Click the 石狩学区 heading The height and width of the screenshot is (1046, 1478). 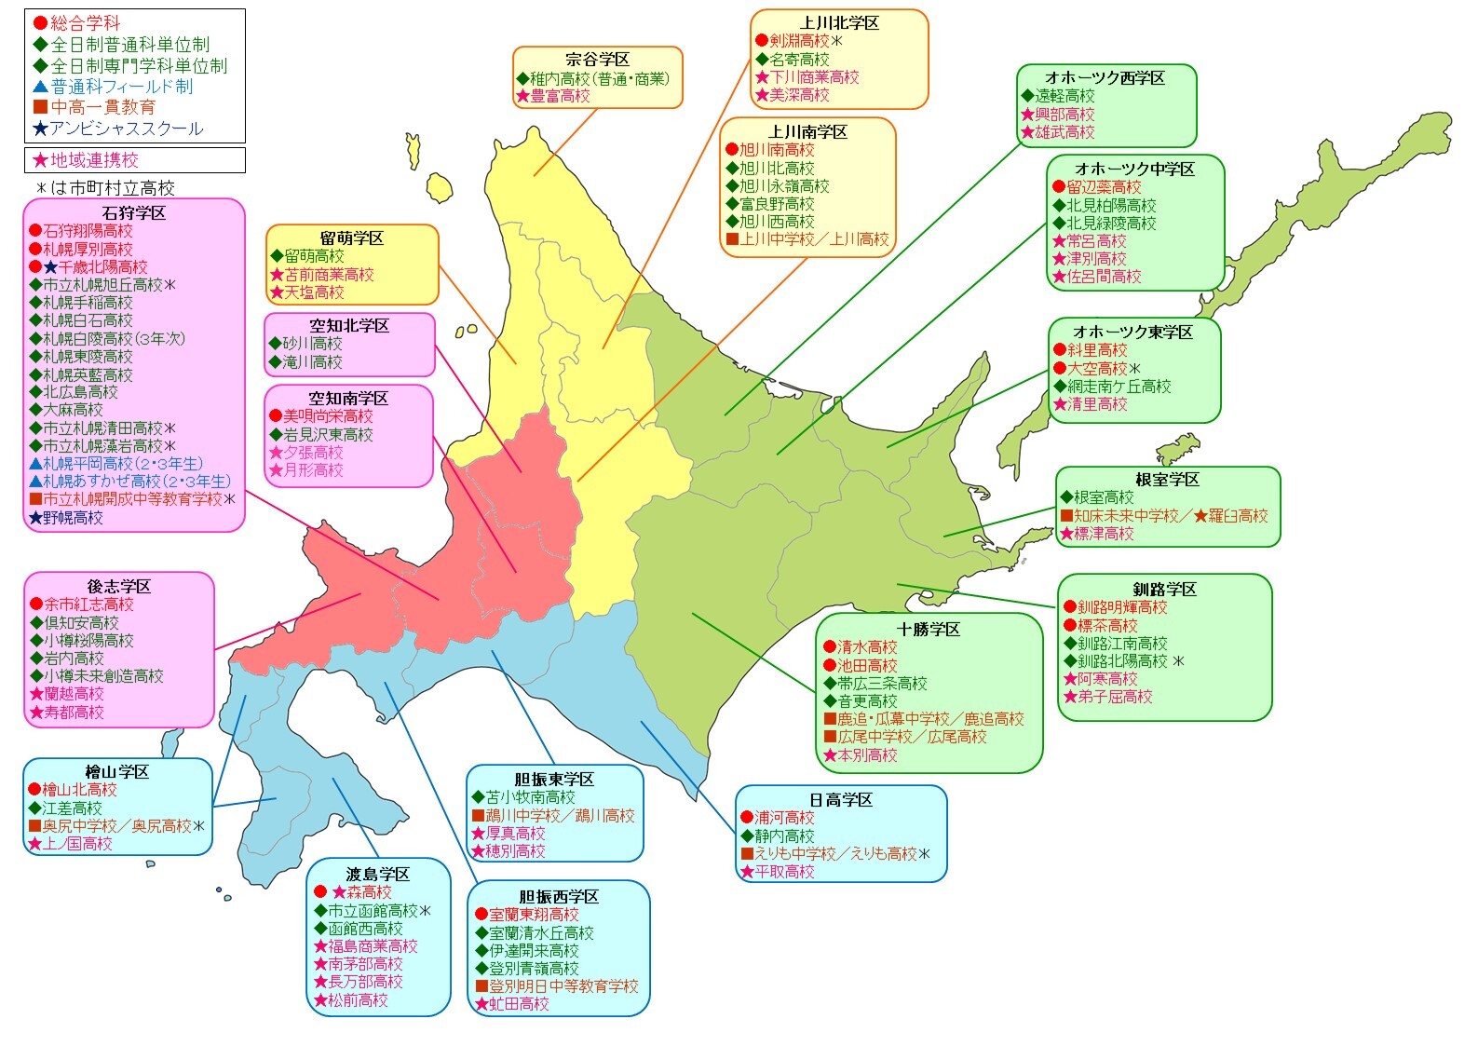134,213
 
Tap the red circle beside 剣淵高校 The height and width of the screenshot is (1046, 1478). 761,41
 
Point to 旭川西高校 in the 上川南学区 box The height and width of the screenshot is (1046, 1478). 777,222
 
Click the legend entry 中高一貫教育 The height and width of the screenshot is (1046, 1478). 102,107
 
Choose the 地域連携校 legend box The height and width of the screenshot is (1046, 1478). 135,160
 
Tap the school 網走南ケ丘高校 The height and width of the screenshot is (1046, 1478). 1119,387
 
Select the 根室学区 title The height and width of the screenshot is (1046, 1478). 1167,480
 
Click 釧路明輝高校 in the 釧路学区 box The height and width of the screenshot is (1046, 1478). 1122,607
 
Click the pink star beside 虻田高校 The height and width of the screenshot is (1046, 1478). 481,1004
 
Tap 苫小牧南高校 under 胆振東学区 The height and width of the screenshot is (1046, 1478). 530,797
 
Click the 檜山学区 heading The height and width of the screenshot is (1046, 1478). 117,772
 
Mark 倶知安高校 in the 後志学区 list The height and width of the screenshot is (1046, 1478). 81,623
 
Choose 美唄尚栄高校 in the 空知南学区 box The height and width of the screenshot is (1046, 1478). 328,416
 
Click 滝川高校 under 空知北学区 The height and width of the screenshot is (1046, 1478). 312,362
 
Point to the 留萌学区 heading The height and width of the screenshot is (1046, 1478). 352,238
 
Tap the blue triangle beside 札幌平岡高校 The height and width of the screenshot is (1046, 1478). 35,464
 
